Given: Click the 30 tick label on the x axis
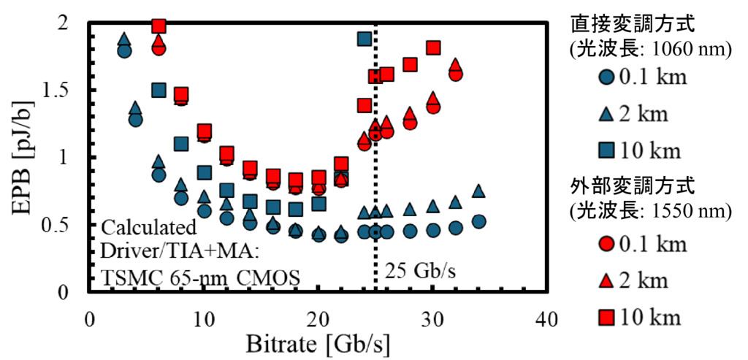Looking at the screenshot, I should tap(432, 319).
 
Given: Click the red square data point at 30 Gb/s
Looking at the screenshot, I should tap(432, 48).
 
